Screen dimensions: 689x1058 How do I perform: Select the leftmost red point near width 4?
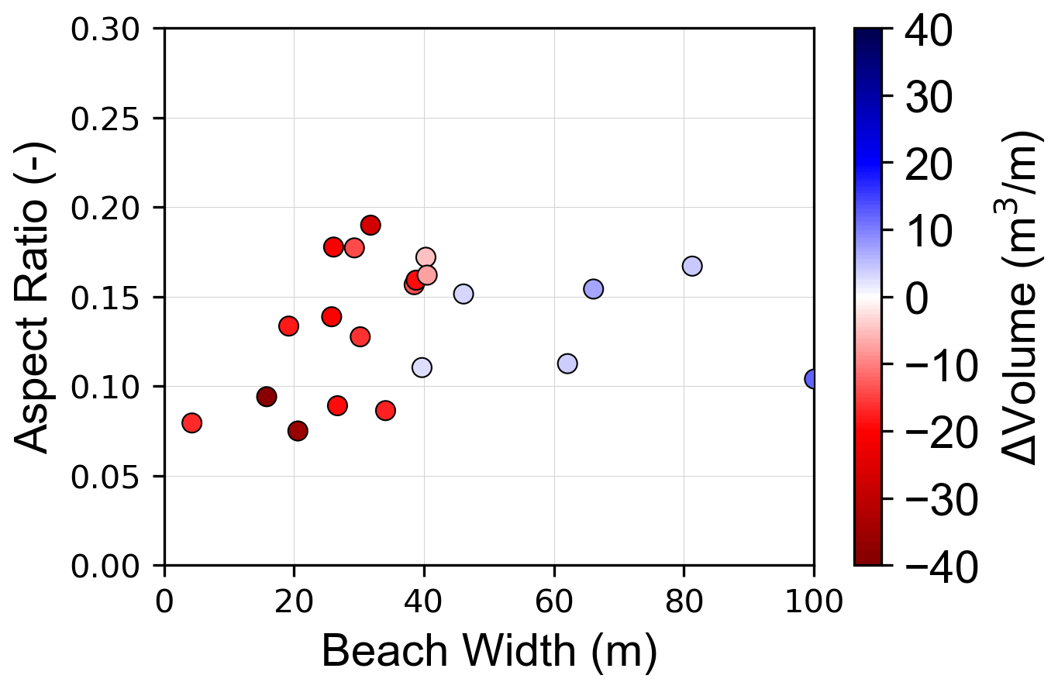191,423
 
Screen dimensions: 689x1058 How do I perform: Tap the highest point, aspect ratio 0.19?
370,226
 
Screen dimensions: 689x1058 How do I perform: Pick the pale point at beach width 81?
692,266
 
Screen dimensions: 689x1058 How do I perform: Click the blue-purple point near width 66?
593,289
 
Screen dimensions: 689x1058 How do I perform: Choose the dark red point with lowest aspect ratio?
298,431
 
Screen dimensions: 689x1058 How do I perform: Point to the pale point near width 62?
567,363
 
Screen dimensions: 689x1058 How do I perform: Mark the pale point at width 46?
464,295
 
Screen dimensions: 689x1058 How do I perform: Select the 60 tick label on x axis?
554,601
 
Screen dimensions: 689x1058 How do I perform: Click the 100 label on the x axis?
813,601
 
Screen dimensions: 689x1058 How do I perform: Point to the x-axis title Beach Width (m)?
489,651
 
